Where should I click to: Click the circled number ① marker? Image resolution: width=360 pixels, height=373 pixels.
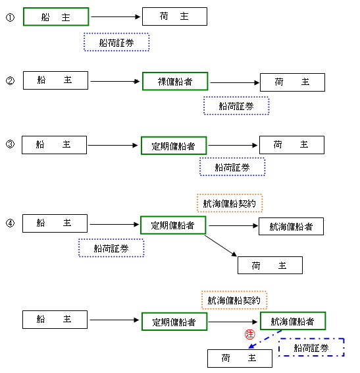pos(10,17)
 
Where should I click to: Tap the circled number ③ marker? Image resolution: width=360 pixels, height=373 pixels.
pos(10,144)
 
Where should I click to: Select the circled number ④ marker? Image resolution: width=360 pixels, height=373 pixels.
pos(10,223)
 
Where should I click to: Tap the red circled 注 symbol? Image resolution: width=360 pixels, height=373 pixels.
pos(249,335)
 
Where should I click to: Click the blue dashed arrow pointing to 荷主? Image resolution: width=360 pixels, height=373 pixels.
pos(265,339)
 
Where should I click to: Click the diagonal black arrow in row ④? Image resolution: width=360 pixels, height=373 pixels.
pos(220,246)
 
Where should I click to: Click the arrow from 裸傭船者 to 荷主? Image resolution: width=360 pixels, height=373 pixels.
pos(234,83)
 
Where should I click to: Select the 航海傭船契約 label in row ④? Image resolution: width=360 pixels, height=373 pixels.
pos(230,203)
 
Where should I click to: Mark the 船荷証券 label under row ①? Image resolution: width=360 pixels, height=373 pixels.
pos(116,42)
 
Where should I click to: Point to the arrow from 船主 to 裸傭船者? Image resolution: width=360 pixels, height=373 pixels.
pos(115,81)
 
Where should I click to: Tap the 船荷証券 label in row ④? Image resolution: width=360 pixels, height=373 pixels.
pos(111,248)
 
